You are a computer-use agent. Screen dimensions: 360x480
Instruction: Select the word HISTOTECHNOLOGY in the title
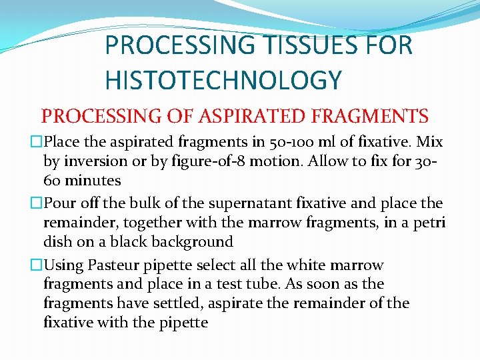(x=223, y=80)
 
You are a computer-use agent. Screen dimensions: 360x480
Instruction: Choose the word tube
(x=259, y=284)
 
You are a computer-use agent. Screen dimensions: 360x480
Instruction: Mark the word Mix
(x=428, y=143)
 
